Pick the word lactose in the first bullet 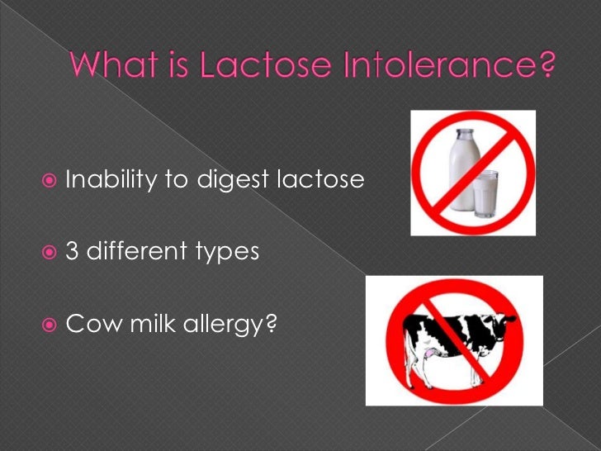pos(321,179)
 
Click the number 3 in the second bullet pos(72,251)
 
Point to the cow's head pos(503,318)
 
